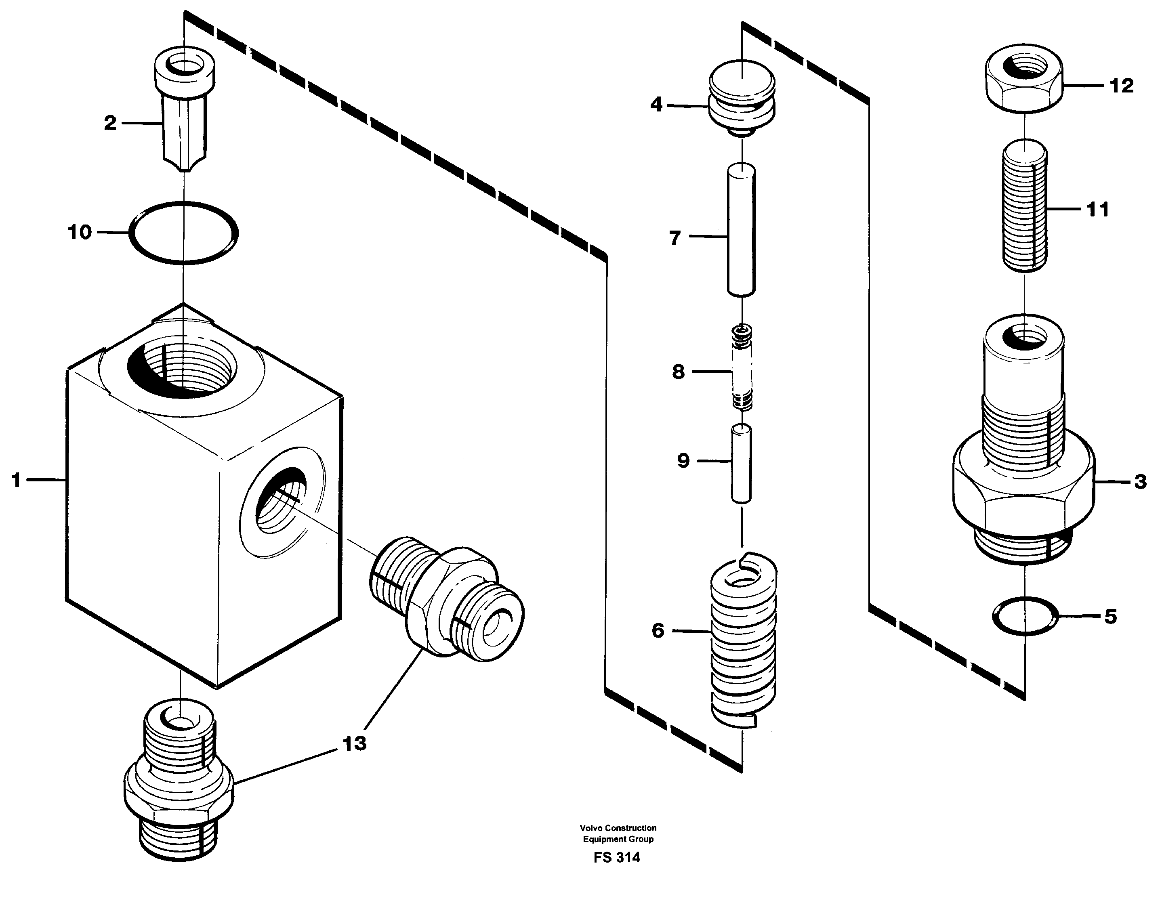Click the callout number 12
click(x=1122, y=86)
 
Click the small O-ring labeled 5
click(x=1025, y=616)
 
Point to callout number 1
click(x=17, y=481)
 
